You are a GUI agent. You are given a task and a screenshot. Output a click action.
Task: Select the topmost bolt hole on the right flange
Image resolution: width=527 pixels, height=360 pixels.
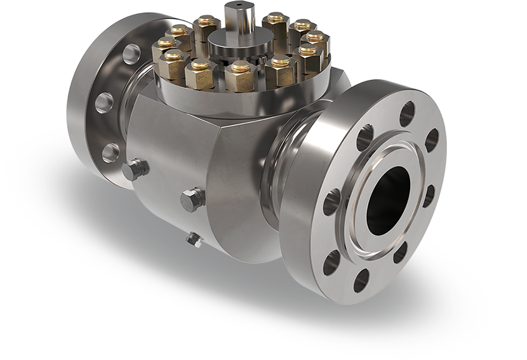(x=407, y=114)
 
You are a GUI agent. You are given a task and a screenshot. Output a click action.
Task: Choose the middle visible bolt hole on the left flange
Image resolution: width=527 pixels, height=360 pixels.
(x=104, y=102)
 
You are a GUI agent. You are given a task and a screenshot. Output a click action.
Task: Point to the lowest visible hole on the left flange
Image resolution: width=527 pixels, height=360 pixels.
(x=110, y=152)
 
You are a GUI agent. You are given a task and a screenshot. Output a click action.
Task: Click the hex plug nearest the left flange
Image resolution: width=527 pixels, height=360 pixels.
(x=135, y=169)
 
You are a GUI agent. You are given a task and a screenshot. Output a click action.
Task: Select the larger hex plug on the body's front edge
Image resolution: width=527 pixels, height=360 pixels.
(x=192, y=199)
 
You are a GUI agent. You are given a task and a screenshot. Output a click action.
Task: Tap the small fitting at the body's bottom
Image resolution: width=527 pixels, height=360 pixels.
(x=193, y=239)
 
